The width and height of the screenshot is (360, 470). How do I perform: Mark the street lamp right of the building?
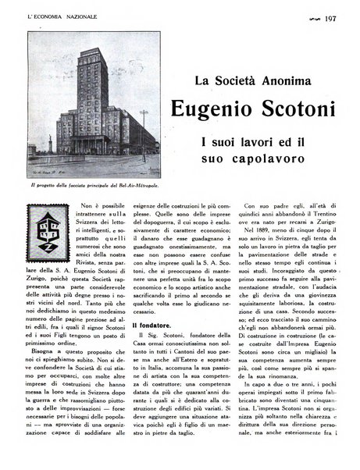(143, 133)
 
